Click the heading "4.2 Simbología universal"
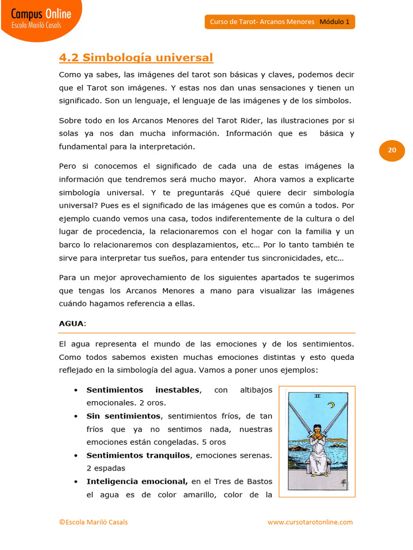(x=136, y=57)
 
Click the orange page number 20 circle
(x=391, y=150)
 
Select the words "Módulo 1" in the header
(x=334, y=22)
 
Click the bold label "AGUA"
(x=71, y=323)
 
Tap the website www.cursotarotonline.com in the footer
(x=310, y=522)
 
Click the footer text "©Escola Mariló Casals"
(x=93, y=522)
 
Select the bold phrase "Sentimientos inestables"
(x=143, y=390)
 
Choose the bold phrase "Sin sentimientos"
(x=123, y=416)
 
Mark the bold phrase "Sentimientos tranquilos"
(x=138, y=455)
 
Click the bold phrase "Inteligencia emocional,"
(x=137, y=482)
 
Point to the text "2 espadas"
(x=105, y=468)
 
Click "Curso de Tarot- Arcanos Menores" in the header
(x=261, y=22)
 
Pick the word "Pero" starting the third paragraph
(x=68, y=166)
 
